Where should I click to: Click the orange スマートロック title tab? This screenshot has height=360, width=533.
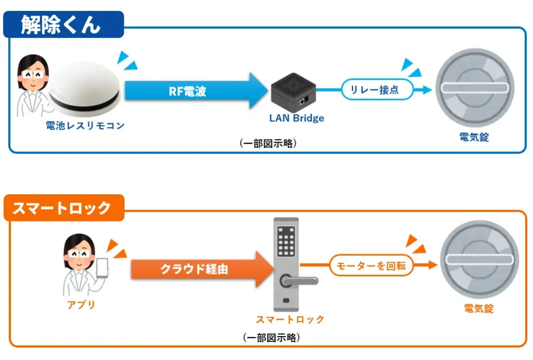(x=63, y=208)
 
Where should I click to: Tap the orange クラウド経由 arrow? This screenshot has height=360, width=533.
(x=200, y=269)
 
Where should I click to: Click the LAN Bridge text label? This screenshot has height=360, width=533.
(x=296, y=118)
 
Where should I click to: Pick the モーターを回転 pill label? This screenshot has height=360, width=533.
(x=371, y=266)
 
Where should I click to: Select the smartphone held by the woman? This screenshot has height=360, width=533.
(x=102, y=269)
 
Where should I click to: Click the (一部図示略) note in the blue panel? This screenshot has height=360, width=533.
(x=269, y=144)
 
